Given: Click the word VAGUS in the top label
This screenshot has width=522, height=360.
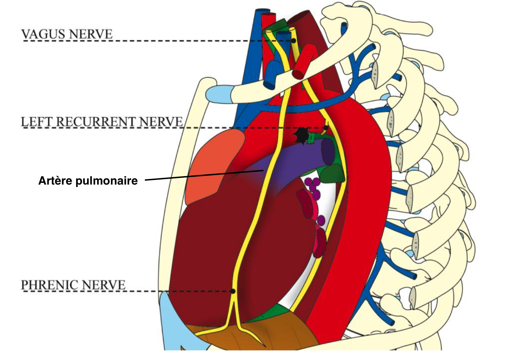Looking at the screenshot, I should [x=43, y=34].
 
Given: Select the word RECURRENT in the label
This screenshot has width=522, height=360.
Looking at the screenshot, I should [x=95, y=122].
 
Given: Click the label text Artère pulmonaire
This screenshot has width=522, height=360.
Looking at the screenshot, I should [x=88, y=181].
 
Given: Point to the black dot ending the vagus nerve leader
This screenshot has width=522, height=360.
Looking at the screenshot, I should [x=293, y=41].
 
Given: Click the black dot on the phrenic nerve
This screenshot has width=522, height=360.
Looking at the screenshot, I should [x=232, y=291].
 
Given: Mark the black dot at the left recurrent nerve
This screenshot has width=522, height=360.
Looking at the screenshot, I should [x=326, y=128].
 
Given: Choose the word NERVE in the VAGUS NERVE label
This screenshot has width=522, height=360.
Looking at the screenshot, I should [x=95, y=34].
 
